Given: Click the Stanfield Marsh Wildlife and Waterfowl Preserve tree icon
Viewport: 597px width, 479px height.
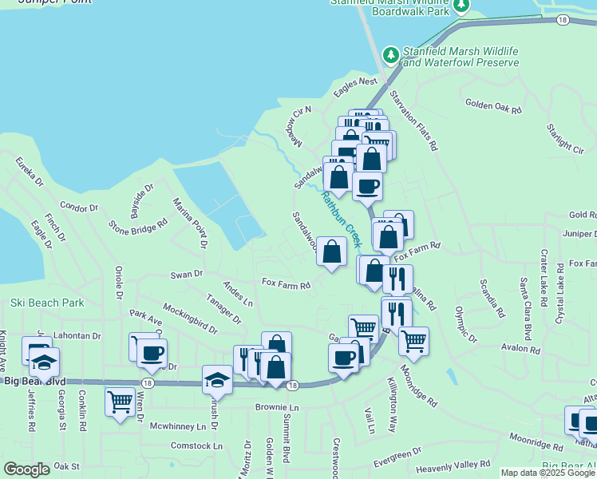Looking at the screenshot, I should point(390,55).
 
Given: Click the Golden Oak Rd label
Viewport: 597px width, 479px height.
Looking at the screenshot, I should point(492,105).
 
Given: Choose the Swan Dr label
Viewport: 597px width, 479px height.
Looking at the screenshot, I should point(187,275).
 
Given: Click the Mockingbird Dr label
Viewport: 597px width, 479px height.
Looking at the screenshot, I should point(190,318).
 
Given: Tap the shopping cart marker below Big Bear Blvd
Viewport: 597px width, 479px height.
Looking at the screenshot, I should point(120,401).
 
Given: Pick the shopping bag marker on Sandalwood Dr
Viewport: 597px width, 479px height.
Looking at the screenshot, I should point(331,251).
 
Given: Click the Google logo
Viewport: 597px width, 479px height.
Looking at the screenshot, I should point(27,469).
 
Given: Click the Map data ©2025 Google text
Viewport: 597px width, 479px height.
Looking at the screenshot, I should point(548,473).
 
